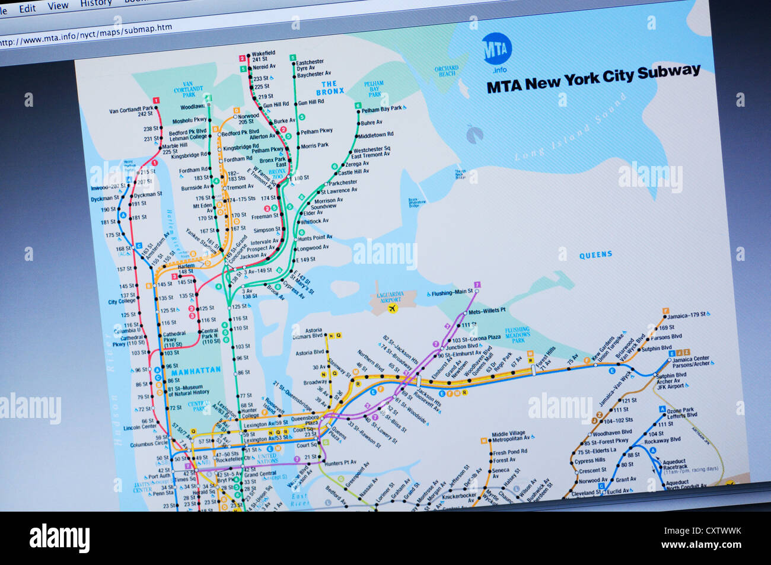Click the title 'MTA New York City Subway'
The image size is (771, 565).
coord(593,79)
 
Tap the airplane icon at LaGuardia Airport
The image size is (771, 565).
coord(391,309)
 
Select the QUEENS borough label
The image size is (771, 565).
coord(595,254)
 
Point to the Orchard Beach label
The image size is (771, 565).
coord(447,71)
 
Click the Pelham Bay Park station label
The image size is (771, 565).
coord(381,109)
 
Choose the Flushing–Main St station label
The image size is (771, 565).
coord(452,292)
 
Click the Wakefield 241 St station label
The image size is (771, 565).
coord(263,56)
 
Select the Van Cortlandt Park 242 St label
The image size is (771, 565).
coord(132,111)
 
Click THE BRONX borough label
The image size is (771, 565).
coord(329,88)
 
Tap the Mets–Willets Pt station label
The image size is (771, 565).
coord(487,311)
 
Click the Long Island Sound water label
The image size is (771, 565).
coord(569,127)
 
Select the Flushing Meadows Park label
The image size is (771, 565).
coord(517,335)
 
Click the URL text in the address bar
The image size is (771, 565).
coord(86,34)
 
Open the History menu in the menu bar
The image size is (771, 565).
coord(95,4)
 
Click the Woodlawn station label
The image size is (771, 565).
coord(193,107)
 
